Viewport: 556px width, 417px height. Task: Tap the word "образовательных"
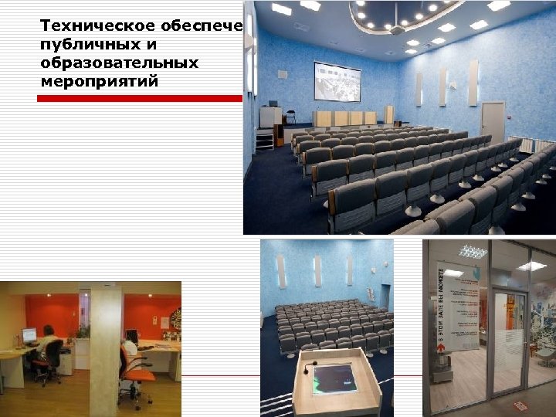[x=119, y=63]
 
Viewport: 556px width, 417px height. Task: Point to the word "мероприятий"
[x=100, y=80]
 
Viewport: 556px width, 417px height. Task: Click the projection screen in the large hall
[x=337, y=82]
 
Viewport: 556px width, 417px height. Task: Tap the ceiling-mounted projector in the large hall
[x=397, y=30]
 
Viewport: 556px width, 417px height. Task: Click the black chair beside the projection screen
[x=291, y=117]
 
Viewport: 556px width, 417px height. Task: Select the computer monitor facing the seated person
[x=29, y=336]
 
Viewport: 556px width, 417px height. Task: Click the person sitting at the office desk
[x=48, y=346]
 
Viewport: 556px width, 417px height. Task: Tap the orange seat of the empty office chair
[x=138, y=375]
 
